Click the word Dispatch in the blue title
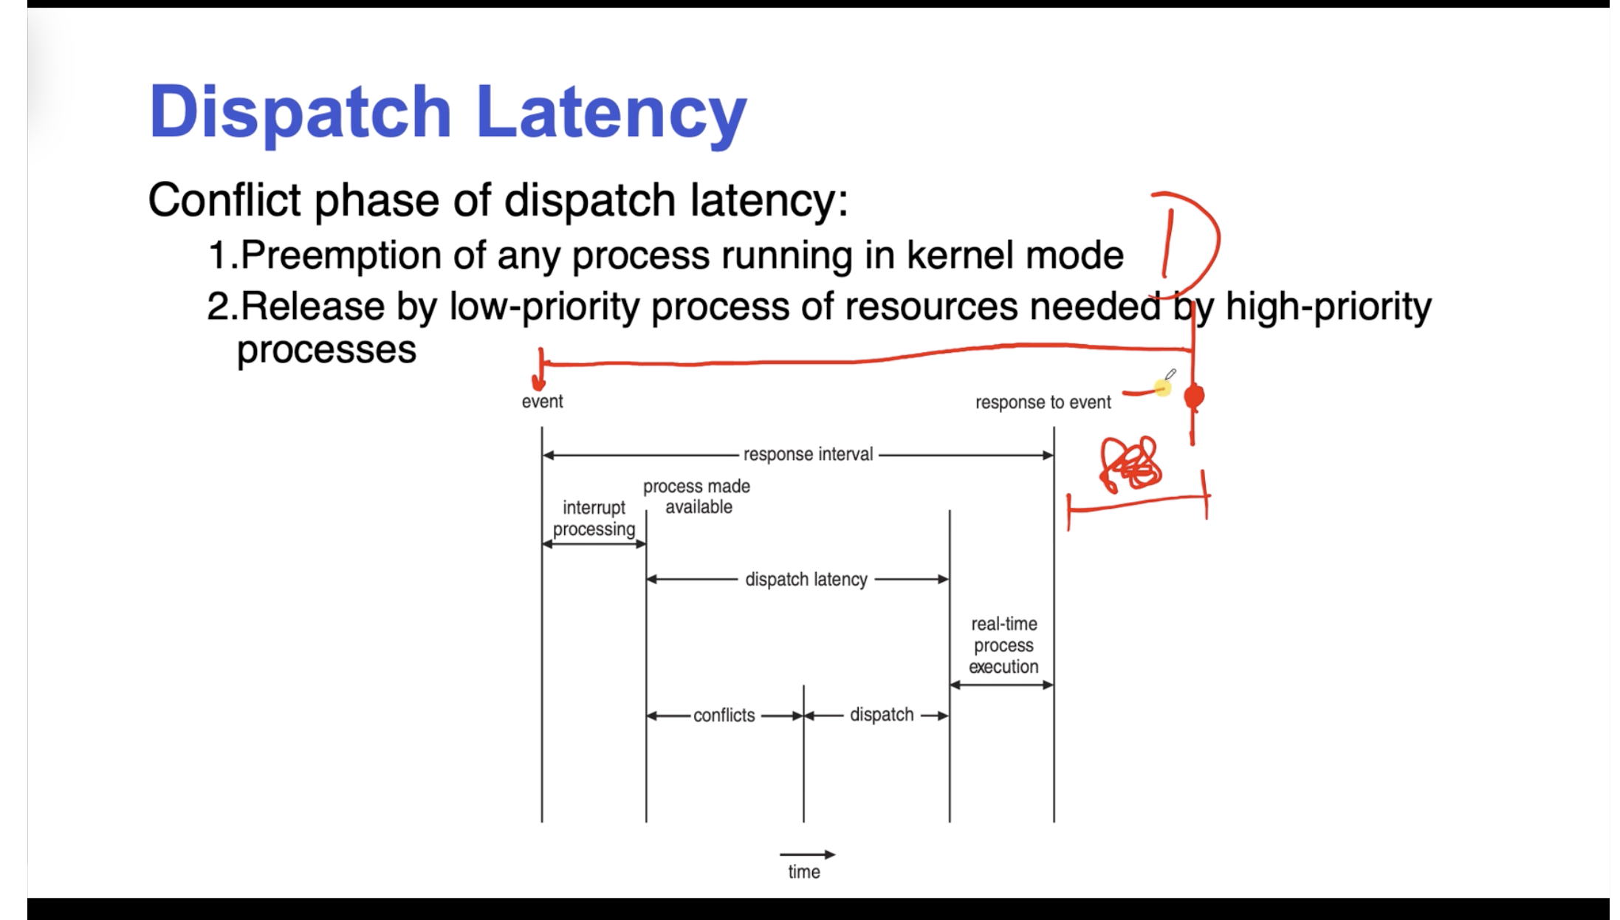(x=299, y=112)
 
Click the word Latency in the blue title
(x=611, y=112)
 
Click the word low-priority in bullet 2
(x=544, y=306)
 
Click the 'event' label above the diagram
(x=542, y=402)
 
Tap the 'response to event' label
(x=1043, y=402)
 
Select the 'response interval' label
(x=808, y=454)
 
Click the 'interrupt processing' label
(x=594, y=518)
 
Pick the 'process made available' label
(x=697, y=496)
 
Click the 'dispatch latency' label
(x=806, y=580)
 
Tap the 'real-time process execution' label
(x=1003, y=645)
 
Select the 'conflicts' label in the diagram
(x=724, y=715)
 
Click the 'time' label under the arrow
(x=803, y=872)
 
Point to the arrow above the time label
(x=806, y=854)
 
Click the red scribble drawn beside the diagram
(x=1130, y=464)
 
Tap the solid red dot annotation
(x=1194, y=397)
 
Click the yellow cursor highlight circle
(x=1163, y=388)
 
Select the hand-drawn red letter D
(x=1189, y=240)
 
